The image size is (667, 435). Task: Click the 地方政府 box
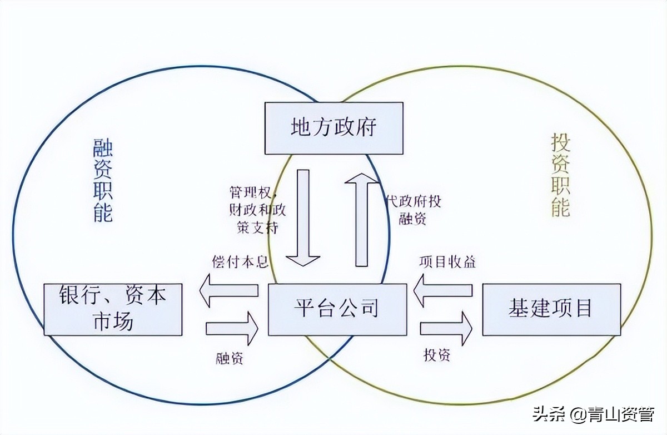(x=333, y=128)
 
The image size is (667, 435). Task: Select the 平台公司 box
(x=337, y=309)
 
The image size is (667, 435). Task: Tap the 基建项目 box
(x=551, y=309)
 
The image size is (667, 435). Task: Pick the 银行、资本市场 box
(x=113, y=309)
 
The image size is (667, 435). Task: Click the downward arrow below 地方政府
(x=303, y=217)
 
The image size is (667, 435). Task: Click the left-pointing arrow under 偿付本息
(x=229, y=291)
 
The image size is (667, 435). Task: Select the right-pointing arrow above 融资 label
(x=232, y=328)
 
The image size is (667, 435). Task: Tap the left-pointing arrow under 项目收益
(x=443, y=291)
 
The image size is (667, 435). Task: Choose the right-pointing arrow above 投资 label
(x=446, y=328)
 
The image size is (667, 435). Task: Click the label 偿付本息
(x=240, y=262)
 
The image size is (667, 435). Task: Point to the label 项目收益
(x=447, y=262)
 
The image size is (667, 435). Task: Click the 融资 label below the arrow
(x=229, y=358)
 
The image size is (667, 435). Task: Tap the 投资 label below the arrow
(x=437, y=355)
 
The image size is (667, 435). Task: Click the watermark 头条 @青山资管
(x=593, y=414)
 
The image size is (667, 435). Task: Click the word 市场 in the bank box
(x=113, y=322)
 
